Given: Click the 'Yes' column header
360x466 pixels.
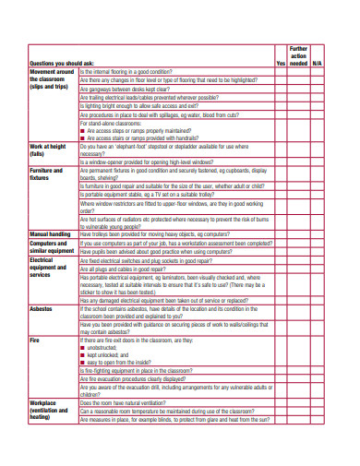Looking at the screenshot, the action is [x=281, y=63].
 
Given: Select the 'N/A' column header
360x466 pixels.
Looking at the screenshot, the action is [x=318, y=63].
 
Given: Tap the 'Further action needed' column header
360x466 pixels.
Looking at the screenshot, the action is [x=298, y=55].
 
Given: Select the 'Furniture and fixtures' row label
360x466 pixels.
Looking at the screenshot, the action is [x=46, y=175].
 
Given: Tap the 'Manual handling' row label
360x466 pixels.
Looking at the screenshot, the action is [x=52, y=234].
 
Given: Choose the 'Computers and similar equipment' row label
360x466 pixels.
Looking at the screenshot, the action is [x=52, y=246].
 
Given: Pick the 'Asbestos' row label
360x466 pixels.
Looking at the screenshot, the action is [x=41, y=308].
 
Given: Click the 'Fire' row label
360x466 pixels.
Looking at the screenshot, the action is [x=34, y=341].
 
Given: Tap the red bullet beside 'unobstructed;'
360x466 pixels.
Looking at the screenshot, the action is [x=83, y=348].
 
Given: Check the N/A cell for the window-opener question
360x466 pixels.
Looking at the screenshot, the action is [x=318, y=162].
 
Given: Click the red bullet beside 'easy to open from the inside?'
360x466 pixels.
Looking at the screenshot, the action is [x=83, y=363].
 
